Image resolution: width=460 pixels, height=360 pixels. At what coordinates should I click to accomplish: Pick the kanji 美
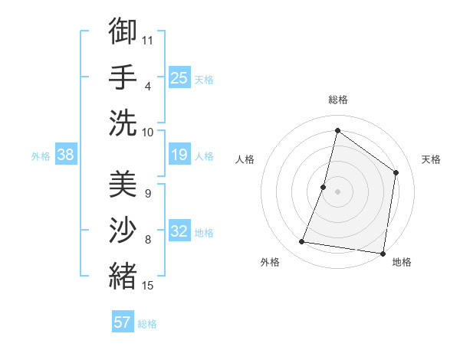click(123, 185)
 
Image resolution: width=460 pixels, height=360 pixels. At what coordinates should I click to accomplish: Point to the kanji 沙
click(123, 231)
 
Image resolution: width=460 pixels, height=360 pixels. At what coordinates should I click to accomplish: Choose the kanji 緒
click(123, 276)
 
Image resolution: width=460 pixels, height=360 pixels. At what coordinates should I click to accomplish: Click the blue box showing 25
click(179, 77)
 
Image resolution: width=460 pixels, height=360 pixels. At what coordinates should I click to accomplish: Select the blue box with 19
click(179, 155)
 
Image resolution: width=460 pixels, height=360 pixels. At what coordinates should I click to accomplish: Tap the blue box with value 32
click(179, 232)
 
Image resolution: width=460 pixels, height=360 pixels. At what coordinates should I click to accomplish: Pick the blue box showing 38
click(65, 155)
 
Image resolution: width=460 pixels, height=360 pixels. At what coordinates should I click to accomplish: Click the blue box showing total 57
click(122, 322)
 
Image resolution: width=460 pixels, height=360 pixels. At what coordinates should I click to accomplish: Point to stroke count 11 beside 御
click(148, 40)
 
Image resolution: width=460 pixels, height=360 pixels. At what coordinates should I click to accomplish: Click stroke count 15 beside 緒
click(148, 286)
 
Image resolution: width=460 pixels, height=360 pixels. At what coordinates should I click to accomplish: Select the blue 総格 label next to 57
click(147, 324)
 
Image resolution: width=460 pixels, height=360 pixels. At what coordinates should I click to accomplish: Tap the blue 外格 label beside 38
click(41, 156)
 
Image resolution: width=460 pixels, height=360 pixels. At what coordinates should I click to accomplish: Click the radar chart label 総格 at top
click(337, 100)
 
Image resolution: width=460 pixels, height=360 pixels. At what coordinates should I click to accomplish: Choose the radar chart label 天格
click(431, 159)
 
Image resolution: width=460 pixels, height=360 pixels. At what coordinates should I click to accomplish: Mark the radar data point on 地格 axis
click(383, 253)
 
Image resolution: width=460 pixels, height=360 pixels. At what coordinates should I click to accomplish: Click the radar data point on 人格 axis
click(324, 187)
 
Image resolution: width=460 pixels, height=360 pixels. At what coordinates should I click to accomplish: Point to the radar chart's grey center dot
click(337, 191)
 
